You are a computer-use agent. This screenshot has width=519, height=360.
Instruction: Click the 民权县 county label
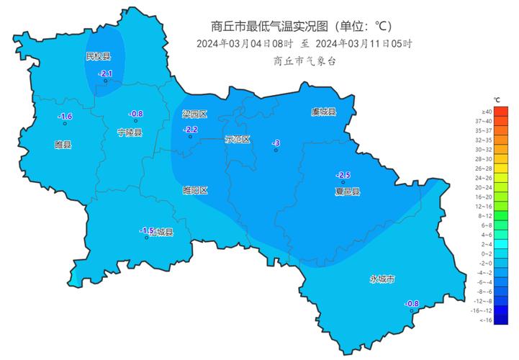coord(99,56)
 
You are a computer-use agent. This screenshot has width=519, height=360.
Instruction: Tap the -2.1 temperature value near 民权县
coord(105,73)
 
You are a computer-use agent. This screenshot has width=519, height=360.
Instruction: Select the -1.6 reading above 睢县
coord(65,117)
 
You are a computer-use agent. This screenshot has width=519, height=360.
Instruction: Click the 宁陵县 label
coord(130,132)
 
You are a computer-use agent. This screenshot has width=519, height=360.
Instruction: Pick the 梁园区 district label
coord(194,114)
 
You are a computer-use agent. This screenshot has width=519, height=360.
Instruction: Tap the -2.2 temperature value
coord(190,129)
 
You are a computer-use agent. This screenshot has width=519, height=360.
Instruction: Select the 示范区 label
coord(237,139)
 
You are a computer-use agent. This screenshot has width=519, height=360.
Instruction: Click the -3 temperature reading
coord(275,144)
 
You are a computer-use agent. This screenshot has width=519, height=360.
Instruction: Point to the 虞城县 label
coord(323,112)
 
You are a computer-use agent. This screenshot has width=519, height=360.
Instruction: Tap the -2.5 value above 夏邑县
coord(343,175)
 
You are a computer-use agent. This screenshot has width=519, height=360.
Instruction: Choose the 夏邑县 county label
coord(347,192)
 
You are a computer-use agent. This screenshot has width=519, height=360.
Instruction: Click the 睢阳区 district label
coord(195,190)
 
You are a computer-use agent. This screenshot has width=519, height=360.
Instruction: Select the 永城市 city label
coord(382,279)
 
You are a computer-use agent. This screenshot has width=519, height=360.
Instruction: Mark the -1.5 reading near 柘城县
coord(147,230)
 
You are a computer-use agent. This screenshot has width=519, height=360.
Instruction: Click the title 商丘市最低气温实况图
coord(269,27)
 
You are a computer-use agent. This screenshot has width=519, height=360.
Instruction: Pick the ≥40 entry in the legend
coord(487,112)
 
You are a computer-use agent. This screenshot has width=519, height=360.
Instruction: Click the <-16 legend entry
coord(487,319)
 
